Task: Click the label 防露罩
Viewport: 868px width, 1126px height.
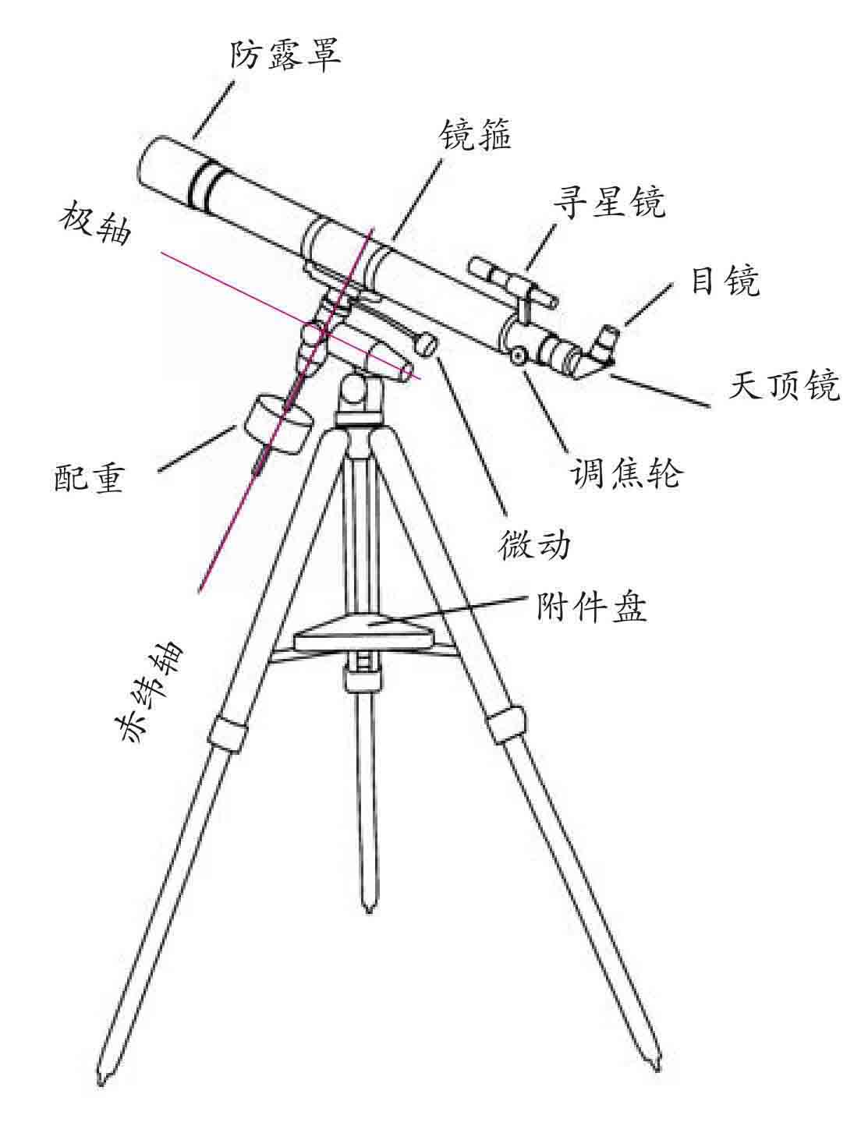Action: (285, 55)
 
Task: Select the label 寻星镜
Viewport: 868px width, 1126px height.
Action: (609, 203)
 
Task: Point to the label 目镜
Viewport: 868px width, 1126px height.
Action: (725, 281)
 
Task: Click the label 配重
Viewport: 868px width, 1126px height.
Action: (89, 478)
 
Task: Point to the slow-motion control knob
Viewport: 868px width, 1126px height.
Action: (427, 345)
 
